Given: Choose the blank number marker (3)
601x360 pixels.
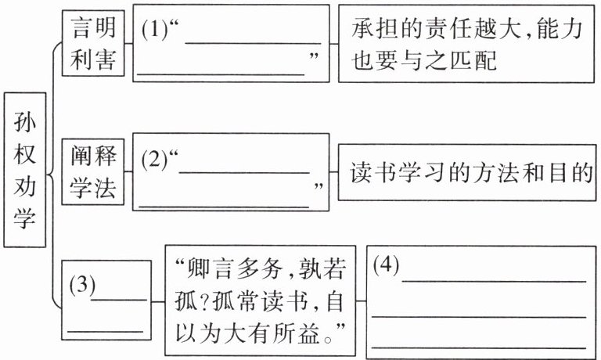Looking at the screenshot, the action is point(81,285).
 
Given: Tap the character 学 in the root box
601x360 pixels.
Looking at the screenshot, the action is point(25,216).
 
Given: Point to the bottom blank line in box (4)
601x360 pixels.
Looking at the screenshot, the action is point(479,345).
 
